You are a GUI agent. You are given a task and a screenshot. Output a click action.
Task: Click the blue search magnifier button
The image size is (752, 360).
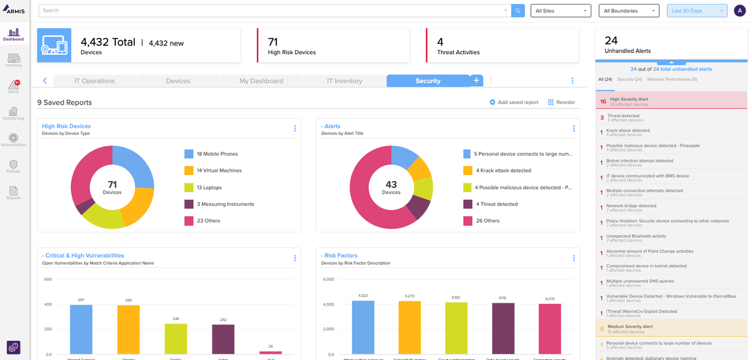click(518, 11)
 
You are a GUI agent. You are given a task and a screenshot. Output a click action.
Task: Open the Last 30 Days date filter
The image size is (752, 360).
click(696, 11)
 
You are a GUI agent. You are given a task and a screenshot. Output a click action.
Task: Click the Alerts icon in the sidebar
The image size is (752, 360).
click(14, 86)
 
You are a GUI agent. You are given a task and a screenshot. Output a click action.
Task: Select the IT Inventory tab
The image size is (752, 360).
click(344, 81)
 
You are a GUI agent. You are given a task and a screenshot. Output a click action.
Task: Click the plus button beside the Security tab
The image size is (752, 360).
click(476, 80)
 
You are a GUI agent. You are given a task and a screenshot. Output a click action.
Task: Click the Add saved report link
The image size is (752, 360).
click(514, 102)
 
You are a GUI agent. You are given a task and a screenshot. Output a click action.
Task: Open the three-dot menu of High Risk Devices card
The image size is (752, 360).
click(295, 128)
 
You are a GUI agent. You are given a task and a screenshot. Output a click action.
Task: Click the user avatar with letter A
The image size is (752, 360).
click(739, 11)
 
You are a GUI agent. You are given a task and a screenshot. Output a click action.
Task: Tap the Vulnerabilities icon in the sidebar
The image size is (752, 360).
click(14, 139)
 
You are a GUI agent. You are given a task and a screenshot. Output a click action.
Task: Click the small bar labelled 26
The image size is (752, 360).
click(270, 352)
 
